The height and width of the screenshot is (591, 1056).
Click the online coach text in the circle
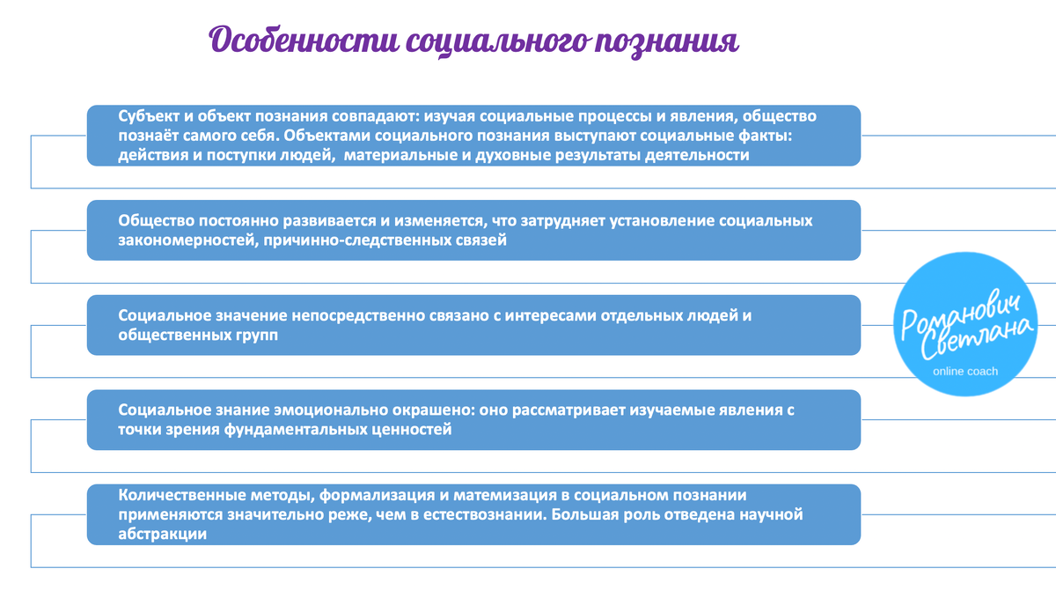[965, 371]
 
